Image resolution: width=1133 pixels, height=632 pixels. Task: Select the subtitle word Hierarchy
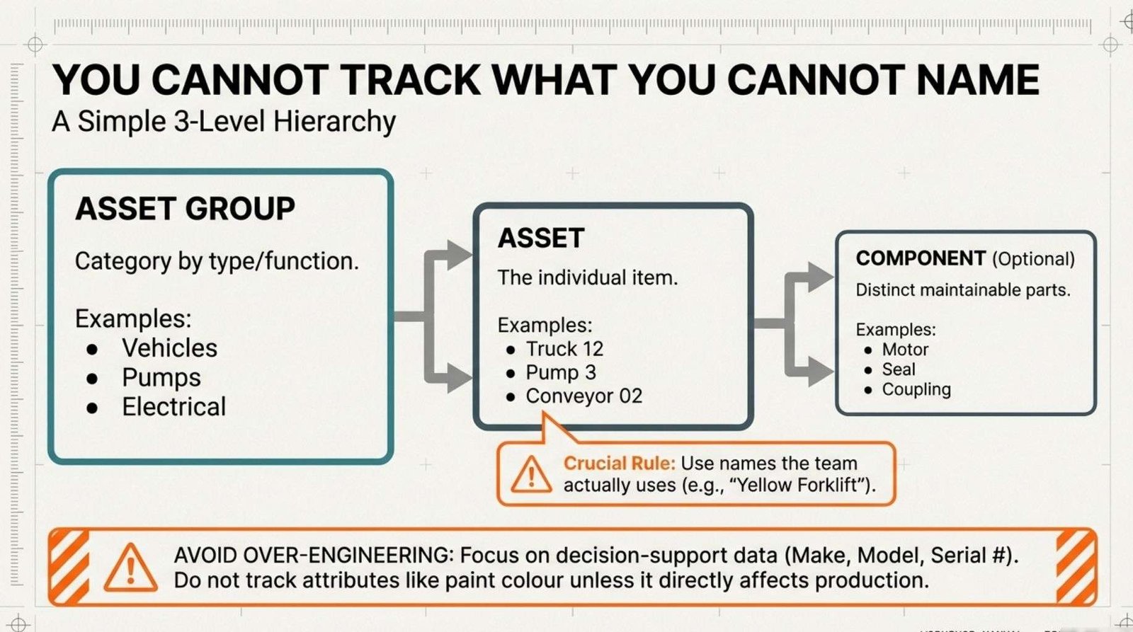[334, 122]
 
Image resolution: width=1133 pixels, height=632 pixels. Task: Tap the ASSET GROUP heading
[185, 208]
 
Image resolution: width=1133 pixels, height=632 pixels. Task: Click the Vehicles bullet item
[169, 348]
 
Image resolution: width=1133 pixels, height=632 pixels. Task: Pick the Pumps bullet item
[161, 378]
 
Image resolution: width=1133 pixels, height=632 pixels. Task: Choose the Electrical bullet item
[174, 406]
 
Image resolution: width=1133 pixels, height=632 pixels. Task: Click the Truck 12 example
[564, 349]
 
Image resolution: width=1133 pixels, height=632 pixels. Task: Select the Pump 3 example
[561, 373]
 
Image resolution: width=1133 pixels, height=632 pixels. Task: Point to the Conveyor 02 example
[584, 396]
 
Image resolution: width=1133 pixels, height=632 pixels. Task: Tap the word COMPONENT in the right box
[921, 258]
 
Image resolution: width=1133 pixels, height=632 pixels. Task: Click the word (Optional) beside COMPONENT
[1033, 259]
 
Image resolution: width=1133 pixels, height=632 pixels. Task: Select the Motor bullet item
[906, 350]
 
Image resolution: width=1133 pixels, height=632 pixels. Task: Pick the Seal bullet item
[899, 369]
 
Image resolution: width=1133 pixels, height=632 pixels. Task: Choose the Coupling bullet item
[916, 389]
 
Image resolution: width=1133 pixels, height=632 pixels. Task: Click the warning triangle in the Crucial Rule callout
[532, 474]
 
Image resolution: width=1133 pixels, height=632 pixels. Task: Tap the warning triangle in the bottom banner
[130, 568]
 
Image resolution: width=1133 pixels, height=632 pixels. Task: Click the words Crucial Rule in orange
[620, 463]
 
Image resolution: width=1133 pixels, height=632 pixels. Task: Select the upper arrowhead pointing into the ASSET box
[460, 254]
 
